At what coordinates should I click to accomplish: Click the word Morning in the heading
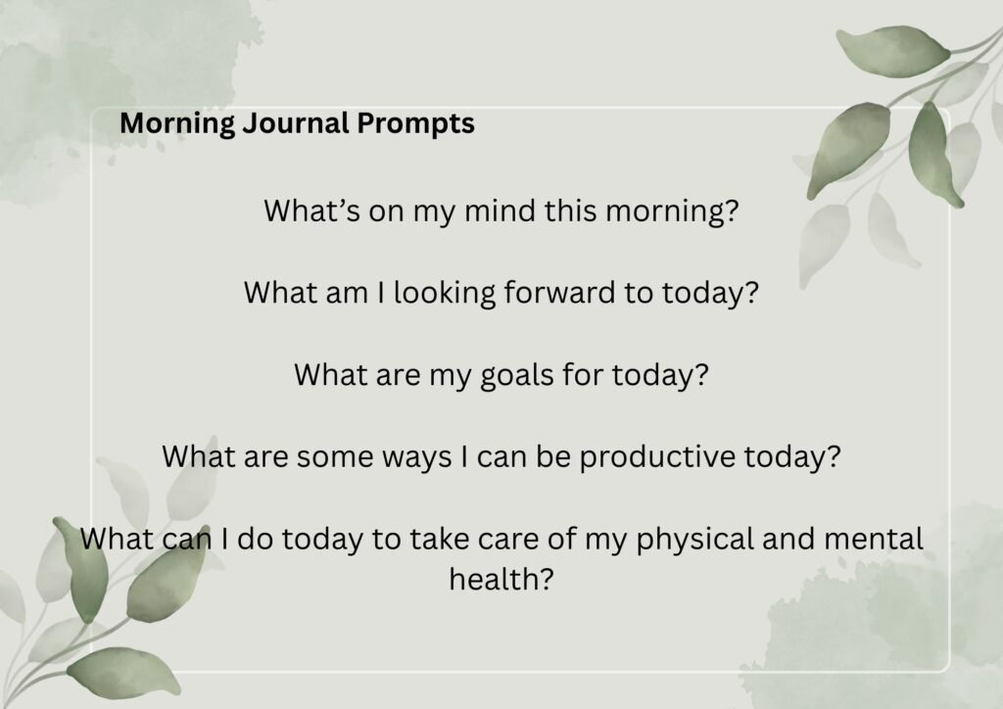pyautogui.click(x=177, y=123)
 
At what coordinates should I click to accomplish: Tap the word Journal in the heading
pyautogui.click(x=296, y=123)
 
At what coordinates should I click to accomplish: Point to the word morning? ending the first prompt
pyautogui.click(x=672, y=211)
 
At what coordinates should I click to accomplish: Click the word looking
pyautogui.click(x=445, y=293)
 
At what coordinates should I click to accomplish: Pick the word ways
pyautogui.click(x=416, y=457)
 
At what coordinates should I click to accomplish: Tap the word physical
pyautogui.click(x=694, y=539)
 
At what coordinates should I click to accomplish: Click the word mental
pyautogui.click(x=874, y=539)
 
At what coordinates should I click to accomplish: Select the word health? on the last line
pyautogui.click(x=501, y=579)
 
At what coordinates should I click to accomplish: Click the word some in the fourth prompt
pyautogui.click(x=335, y=457)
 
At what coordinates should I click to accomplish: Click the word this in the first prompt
pyautogui.click(x=571, y=211)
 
